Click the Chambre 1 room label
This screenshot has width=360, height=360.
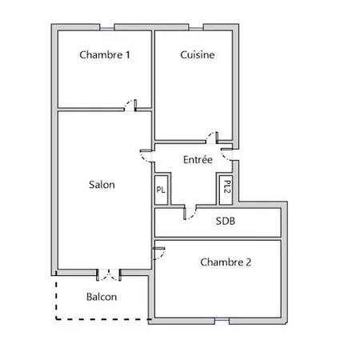coord(105,55)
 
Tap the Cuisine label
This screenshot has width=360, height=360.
coord(198,55)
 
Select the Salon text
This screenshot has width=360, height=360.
coord(102,185)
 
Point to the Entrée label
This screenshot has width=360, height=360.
coord(198,159)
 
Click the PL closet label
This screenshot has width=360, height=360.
coord(161,190)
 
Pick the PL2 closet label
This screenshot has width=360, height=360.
coord(227,186)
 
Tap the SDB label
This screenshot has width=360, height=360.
coord(226,221)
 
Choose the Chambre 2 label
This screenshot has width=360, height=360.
coord(226,262)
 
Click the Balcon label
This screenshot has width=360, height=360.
coord(102,297)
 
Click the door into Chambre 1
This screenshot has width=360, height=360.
coord(130,106)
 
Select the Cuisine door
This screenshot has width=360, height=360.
coord(212,138)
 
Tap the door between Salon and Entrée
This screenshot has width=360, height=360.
coord(146,156)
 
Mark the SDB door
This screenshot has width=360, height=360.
coord(190,213)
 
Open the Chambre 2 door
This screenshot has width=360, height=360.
coord(159,254)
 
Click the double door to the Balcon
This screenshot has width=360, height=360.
coord(109,275)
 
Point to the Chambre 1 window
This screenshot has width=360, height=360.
coord(107,27)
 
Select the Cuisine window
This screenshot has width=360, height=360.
coord(196,27)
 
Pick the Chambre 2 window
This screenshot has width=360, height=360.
coord(222,321)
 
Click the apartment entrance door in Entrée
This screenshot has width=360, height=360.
coord(226,154)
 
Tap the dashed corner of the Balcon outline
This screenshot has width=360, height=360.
coord(56,318)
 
